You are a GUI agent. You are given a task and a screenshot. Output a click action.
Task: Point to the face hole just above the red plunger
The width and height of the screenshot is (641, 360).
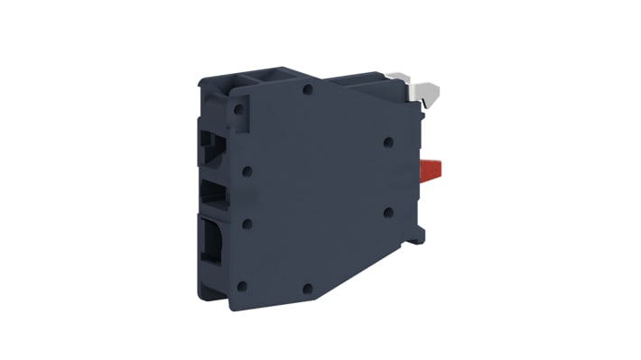point(387,142)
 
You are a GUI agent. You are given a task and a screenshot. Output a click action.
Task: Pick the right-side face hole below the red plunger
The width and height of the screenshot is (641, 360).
point(387,213)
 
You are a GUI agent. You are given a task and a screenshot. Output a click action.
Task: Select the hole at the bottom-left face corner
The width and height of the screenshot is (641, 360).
point(242,286)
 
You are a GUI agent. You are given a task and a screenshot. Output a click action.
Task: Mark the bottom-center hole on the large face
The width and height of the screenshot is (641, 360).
point(308,290)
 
